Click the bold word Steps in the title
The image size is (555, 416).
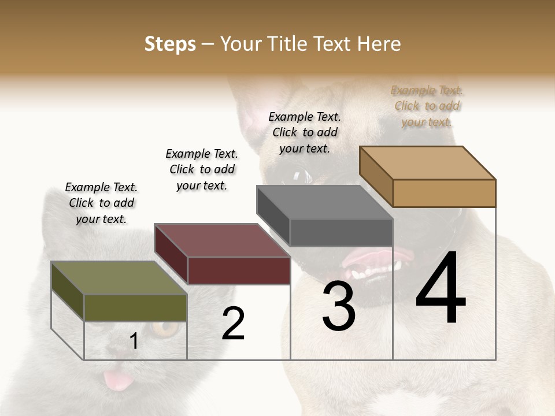(170, 44)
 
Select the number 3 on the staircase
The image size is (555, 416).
(338, 307)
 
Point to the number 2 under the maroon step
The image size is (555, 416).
(234, 324)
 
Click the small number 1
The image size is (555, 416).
(134, 341)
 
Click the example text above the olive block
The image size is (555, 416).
(101, 203)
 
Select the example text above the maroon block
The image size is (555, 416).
(202, 169)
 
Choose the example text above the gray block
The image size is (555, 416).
(305, 132)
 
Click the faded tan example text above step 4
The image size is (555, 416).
(427, 106)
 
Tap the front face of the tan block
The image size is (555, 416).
(444, 193)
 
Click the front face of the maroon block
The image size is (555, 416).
(239, 270)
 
